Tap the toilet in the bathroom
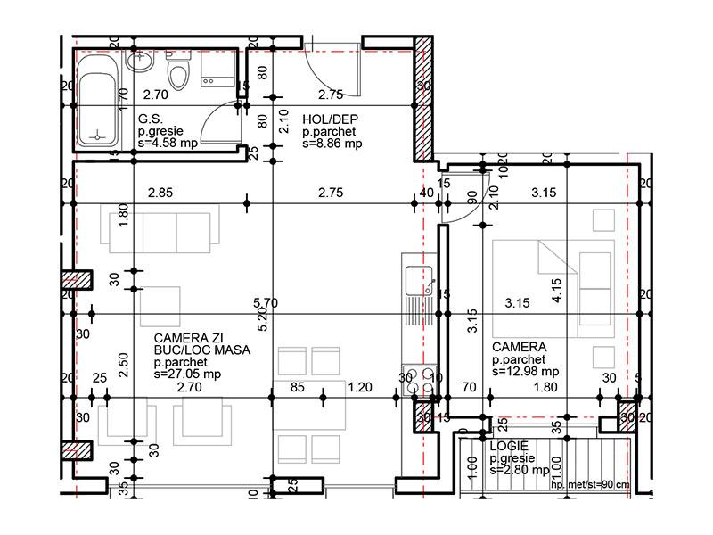coord(179,73)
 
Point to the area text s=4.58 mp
coord(168,142)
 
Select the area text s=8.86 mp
coord(332,143)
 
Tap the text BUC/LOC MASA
coord(201,351)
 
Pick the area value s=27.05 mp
coord(188,375)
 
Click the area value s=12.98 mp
coord(526,372)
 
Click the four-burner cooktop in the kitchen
coord(420,377)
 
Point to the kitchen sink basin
coord(415,283)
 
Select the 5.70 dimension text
coord(266,303)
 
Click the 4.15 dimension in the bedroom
coord(556,292)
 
